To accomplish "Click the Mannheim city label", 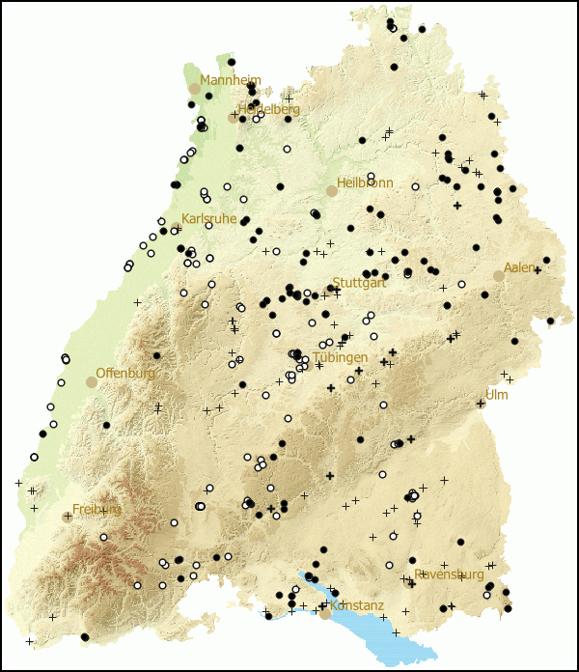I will tap(231, 80).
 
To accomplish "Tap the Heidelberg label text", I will tap(269, 110).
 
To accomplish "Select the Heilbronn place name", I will tap(365, 183).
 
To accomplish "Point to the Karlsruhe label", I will tap(208, 219).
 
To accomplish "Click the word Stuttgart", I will tap(359, 283).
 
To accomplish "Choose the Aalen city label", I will tap(519, 267).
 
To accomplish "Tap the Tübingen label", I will tap(340, 357).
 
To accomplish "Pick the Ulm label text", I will tap(496, 395).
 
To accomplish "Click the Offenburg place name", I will tap(125, 374).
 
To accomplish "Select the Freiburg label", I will tap(96, 510).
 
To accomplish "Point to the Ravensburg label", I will tap(449, 574).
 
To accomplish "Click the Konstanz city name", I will tap(357, 606).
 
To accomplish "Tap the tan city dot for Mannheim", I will tap(195, 88).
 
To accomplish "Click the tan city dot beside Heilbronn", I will tap(332, 191).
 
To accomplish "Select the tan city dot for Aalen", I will tap(499, 275).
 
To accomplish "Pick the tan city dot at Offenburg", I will tap(92, 382).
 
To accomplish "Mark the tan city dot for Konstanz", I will tap(326, 613).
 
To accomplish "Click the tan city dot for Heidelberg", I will tap(234, 118).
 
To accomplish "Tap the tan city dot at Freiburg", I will tap(68, 517).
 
